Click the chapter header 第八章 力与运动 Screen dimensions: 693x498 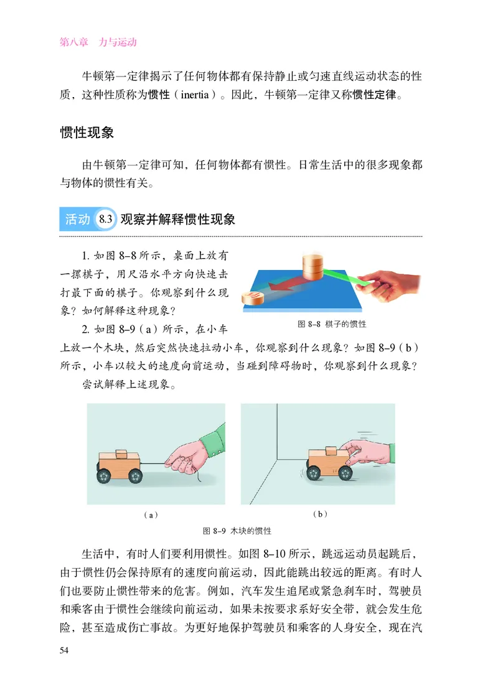(x=98, y=43)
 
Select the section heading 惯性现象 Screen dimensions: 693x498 (x=87, y=133)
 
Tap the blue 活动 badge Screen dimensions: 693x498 (x=77, y=220)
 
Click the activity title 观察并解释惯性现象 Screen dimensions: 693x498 (x=177, y=220)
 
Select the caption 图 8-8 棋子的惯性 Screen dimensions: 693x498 (x=332, y=324)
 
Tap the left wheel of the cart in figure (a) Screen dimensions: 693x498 (x=105, y=477)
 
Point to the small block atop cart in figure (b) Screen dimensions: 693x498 (x=330, y=449)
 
